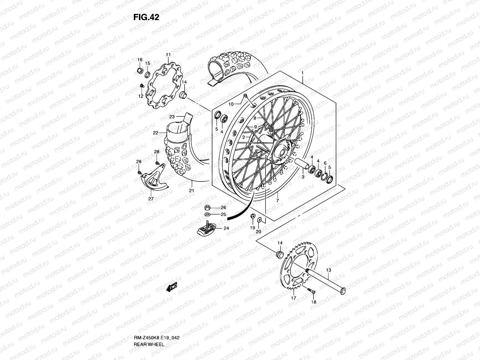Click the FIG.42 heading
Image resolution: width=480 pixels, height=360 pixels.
click(146, 17)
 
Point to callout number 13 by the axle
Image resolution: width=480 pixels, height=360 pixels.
click(328, 270)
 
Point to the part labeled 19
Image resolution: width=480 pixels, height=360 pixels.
click(253, 216)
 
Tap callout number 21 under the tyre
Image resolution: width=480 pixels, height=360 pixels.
click(192, 190)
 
